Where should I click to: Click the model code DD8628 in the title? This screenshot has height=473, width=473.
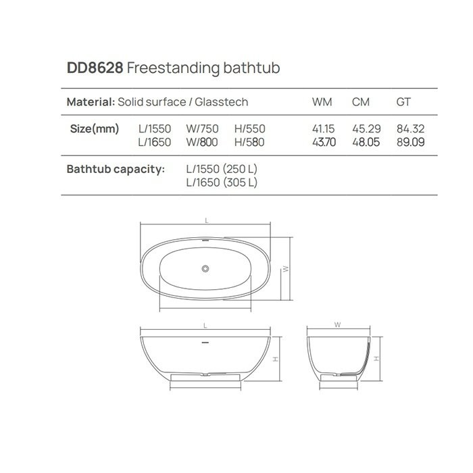[94, 68]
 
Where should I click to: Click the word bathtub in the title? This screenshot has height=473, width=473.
[251, 68]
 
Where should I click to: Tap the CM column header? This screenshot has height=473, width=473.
[361, 102]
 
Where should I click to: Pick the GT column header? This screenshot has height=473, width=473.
[403, 102]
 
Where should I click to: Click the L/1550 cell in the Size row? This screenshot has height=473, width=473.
[155, 128]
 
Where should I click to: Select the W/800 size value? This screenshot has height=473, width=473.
[202, 142]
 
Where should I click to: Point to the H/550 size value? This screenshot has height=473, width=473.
[250, 128]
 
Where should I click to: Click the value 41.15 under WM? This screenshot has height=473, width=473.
[322, 128]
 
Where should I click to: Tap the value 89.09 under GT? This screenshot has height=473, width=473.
[409, 142]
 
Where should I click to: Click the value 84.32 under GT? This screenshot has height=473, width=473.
[409, 128]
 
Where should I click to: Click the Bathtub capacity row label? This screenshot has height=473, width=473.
[116, 169]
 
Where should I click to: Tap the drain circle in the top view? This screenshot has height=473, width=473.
[204, 268]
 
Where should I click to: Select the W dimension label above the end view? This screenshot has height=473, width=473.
[337, 324]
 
